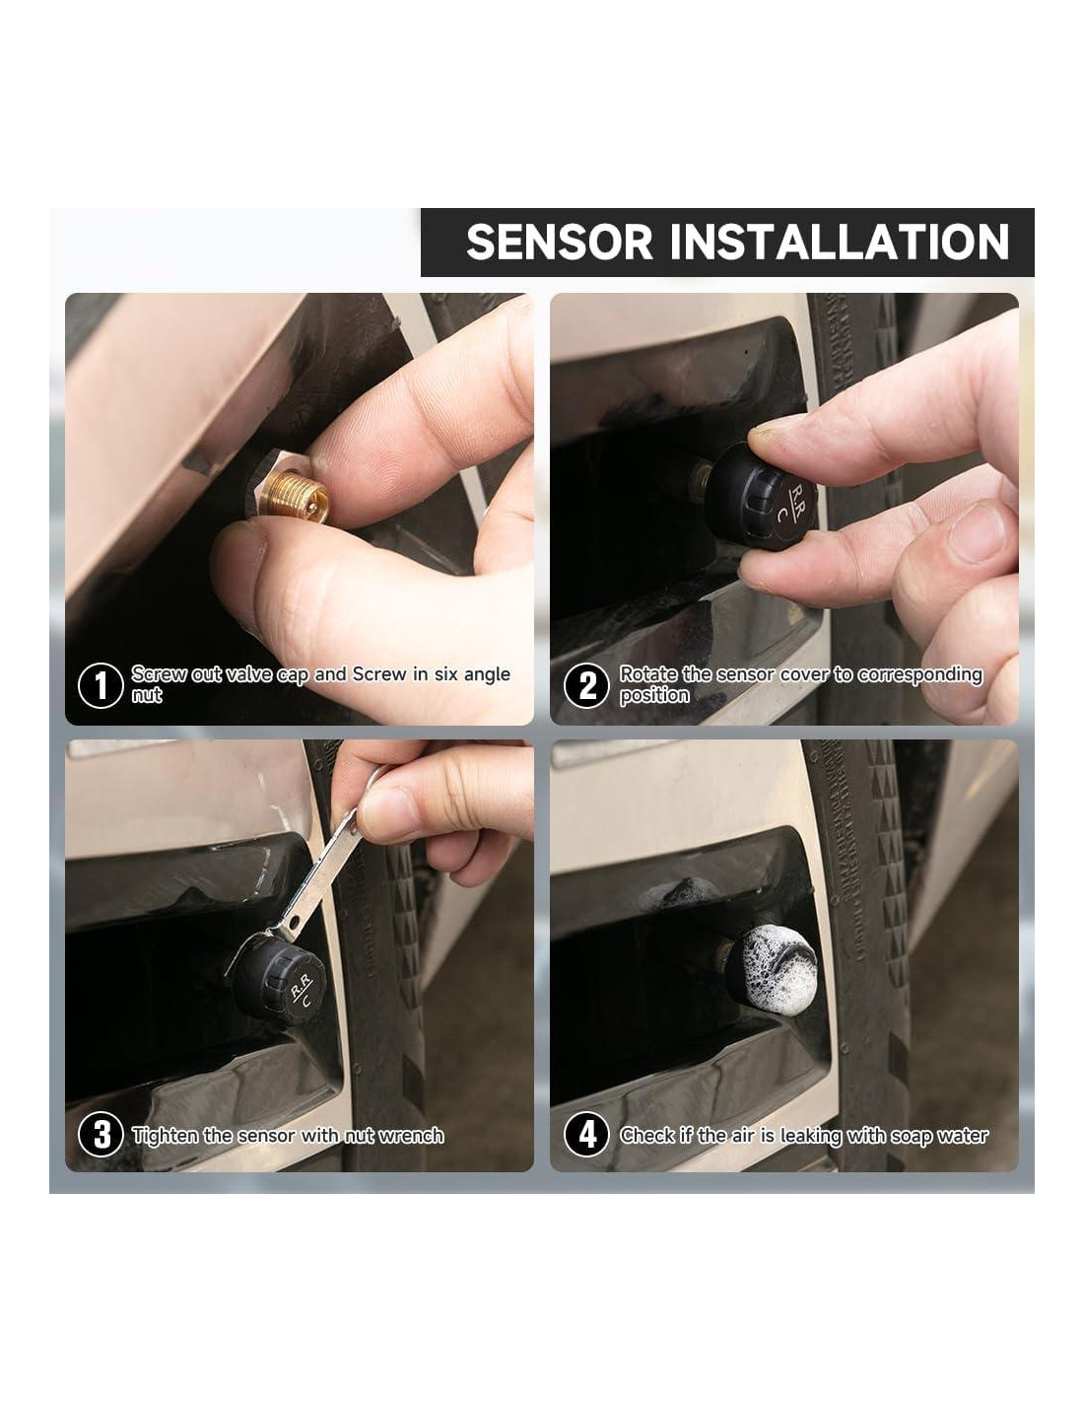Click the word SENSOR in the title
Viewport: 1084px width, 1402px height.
pyautogui.click(x=559, y=242)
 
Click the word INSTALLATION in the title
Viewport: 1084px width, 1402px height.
pyautogui.click(x=839, y=242)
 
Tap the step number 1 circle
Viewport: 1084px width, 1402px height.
pyautogui.click(x=101, y=685)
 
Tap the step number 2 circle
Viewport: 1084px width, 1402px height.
pyautogui.click(x=586, y=685)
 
